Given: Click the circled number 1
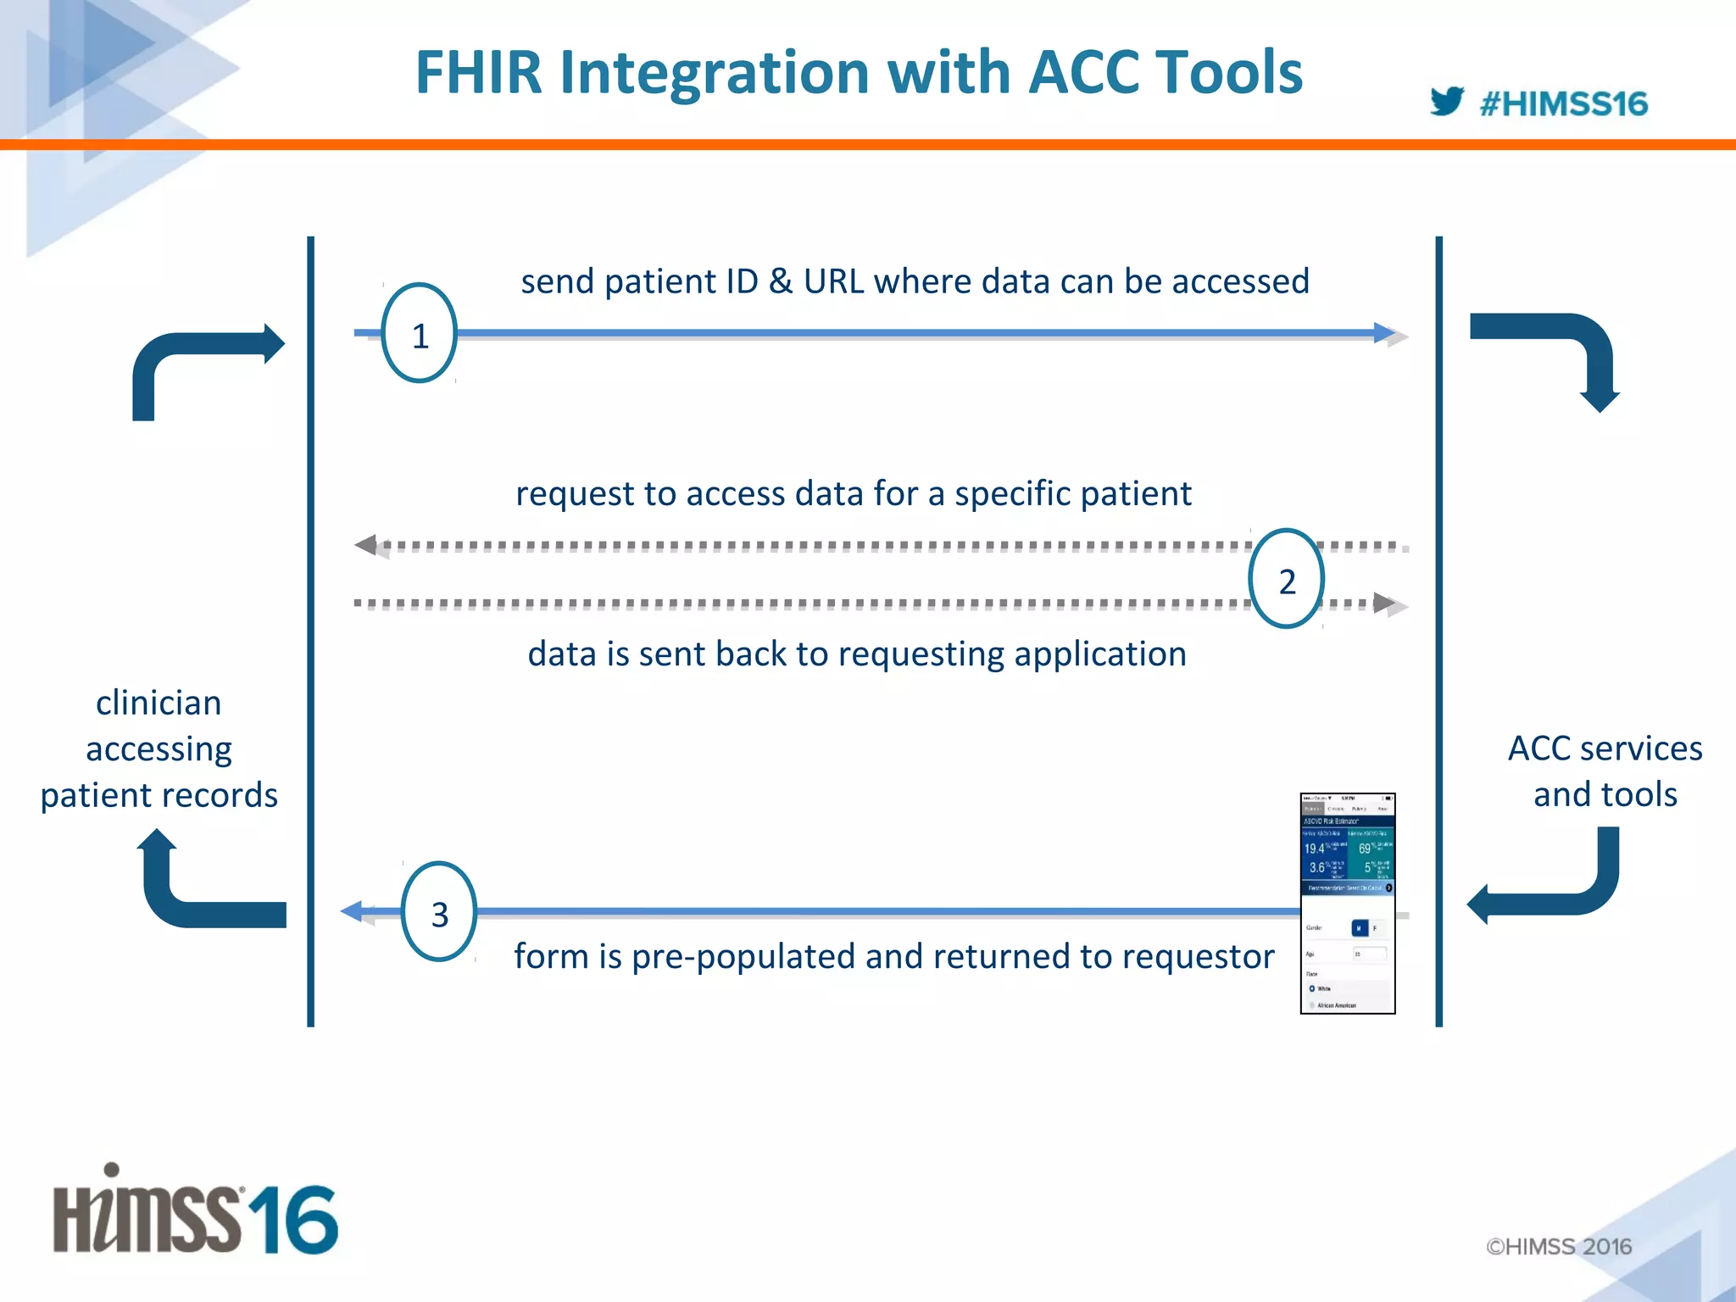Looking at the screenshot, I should [x=420, y=334].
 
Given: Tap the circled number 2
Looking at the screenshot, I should [x=1286, y=580].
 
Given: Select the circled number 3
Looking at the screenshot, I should [x=438, y=912].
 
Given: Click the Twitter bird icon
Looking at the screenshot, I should [x=1446, y=101].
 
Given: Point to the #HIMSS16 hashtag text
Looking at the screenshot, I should [x=1563, y=104].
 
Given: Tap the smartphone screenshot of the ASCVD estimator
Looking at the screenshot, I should [x=1347, y=903].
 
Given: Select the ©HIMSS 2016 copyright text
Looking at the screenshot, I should [x=1558, y=1246].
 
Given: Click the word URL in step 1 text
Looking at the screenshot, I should [x=833, y=281].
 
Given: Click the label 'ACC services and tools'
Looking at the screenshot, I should [x=1605, y=771].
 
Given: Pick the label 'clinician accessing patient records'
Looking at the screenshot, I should [x=159, y=748].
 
